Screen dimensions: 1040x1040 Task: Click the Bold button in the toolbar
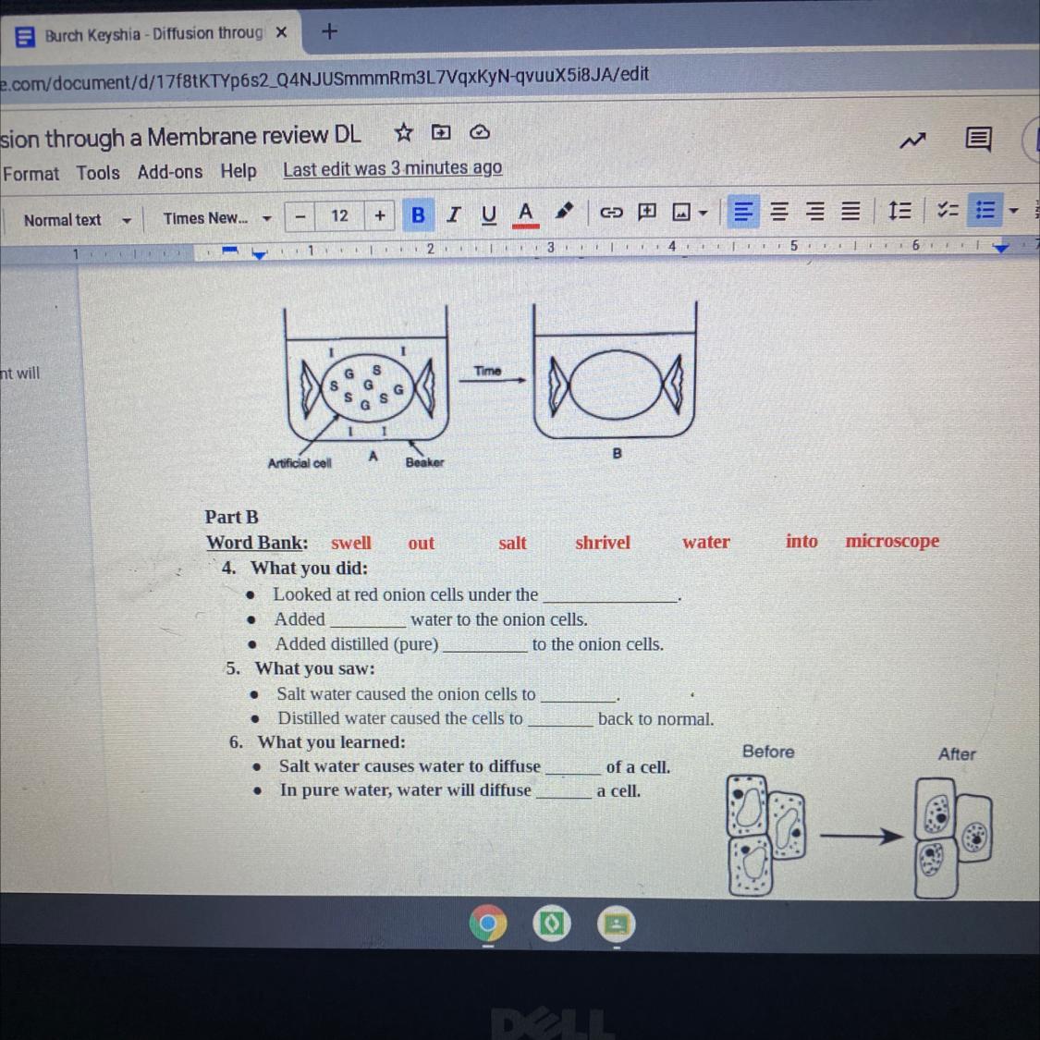click(x=418, y=214)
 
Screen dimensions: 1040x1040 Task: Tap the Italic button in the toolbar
click(x=454, y=214)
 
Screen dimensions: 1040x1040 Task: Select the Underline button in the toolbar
click(x=489, y=214)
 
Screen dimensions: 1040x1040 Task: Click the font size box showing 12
click(x=339, y=215)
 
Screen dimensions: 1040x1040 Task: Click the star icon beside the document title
click(x=403, y=132)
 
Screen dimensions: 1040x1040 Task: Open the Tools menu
click(x=97, y=173)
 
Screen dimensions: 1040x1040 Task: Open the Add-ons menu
click(x=170, y=172)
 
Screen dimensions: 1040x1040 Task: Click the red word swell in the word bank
click(x=351, y=543)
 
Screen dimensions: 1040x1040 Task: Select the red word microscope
click(x=892, y=541)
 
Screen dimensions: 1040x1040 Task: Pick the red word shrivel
click(x=602, y=542)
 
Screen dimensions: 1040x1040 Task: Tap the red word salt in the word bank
click(x=512, y=543)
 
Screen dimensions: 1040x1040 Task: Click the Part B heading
click(x=231, y=517)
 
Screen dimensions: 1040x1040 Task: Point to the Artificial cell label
click(x=300, y=463)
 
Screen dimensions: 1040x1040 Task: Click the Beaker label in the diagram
click(x=424, y=462)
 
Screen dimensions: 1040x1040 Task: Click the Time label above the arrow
click(x=487, y=371)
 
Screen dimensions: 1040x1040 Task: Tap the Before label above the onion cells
click(x=768, y=752)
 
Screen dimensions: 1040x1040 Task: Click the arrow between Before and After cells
click(x=861, y=836)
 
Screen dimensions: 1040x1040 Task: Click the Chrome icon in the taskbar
click(x=487, y=924)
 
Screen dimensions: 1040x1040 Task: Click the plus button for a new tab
click(x=329, y=31)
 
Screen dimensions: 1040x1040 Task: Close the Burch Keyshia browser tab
click(x=281, y=32)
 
